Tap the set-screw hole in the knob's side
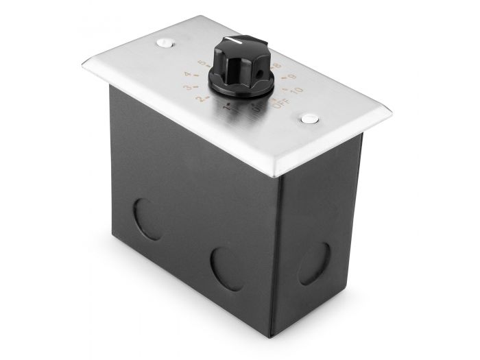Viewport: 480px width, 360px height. point(249,72)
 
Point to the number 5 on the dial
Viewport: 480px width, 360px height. point(200,63)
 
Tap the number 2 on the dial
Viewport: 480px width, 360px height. point(200,101)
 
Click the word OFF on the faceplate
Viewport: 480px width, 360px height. point(280,104)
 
